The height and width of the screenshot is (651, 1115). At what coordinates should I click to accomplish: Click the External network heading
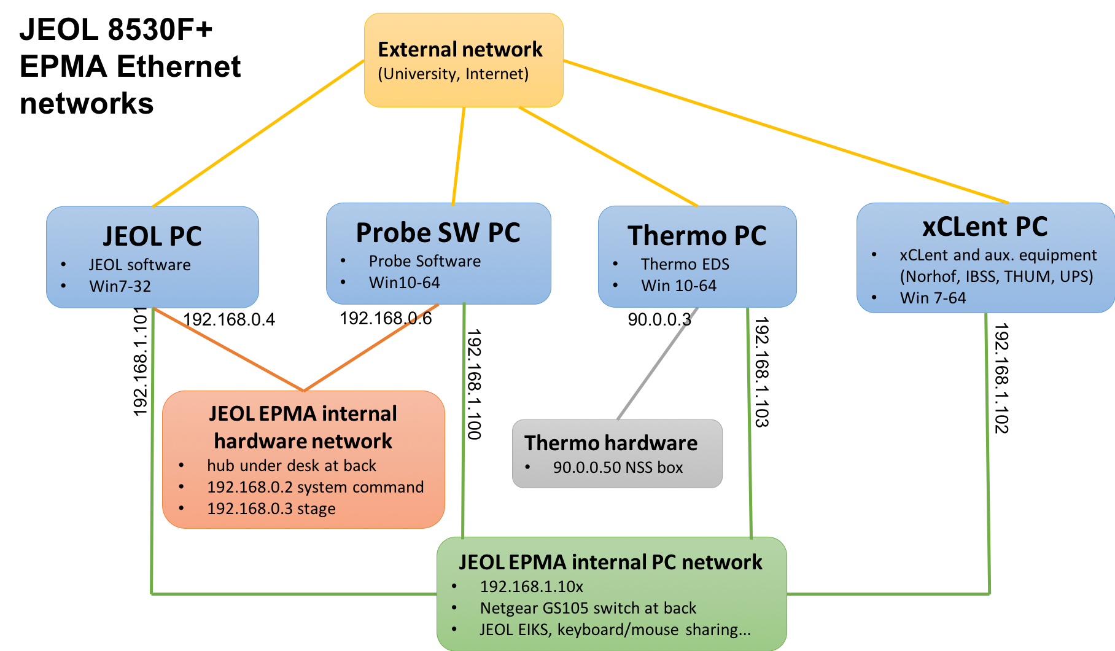click(460, 49)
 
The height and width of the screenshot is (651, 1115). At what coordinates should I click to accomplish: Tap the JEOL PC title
click(152, 236)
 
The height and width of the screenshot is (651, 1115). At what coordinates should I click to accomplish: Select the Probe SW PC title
click(438, 233)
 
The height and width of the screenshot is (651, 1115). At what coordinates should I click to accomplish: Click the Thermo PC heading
click(697, 236)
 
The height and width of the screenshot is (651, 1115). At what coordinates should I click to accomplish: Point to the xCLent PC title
click(985, 227)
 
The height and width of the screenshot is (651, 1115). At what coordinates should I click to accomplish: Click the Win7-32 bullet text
click(120, 286)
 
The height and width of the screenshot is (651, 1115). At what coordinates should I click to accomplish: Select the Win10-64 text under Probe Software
click(404, 283)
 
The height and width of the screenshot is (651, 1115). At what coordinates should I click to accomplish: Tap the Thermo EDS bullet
click(685, 264)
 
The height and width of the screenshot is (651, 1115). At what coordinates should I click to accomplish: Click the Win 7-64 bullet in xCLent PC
click(933, 298)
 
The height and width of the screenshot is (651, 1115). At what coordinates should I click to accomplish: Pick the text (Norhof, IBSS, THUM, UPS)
click(997, 276)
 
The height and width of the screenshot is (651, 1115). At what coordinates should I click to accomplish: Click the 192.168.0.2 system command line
click(315, 487)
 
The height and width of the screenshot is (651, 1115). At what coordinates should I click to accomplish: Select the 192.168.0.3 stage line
click(271, 509)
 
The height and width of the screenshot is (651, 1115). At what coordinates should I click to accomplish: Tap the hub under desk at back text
click(291, 466)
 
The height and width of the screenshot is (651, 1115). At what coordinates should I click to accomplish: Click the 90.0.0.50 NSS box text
click(618, 467)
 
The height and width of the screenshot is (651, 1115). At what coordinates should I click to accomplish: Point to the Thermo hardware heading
click(611, 443)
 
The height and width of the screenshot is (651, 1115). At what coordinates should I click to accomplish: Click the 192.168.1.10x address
click(531, 587)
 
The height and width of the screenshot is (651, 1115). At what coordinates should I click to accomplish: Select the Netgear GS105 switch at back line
click(588, 608)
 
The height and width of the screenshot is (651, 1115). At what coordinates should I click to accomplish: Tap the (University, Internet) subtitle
click(453, 74)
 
